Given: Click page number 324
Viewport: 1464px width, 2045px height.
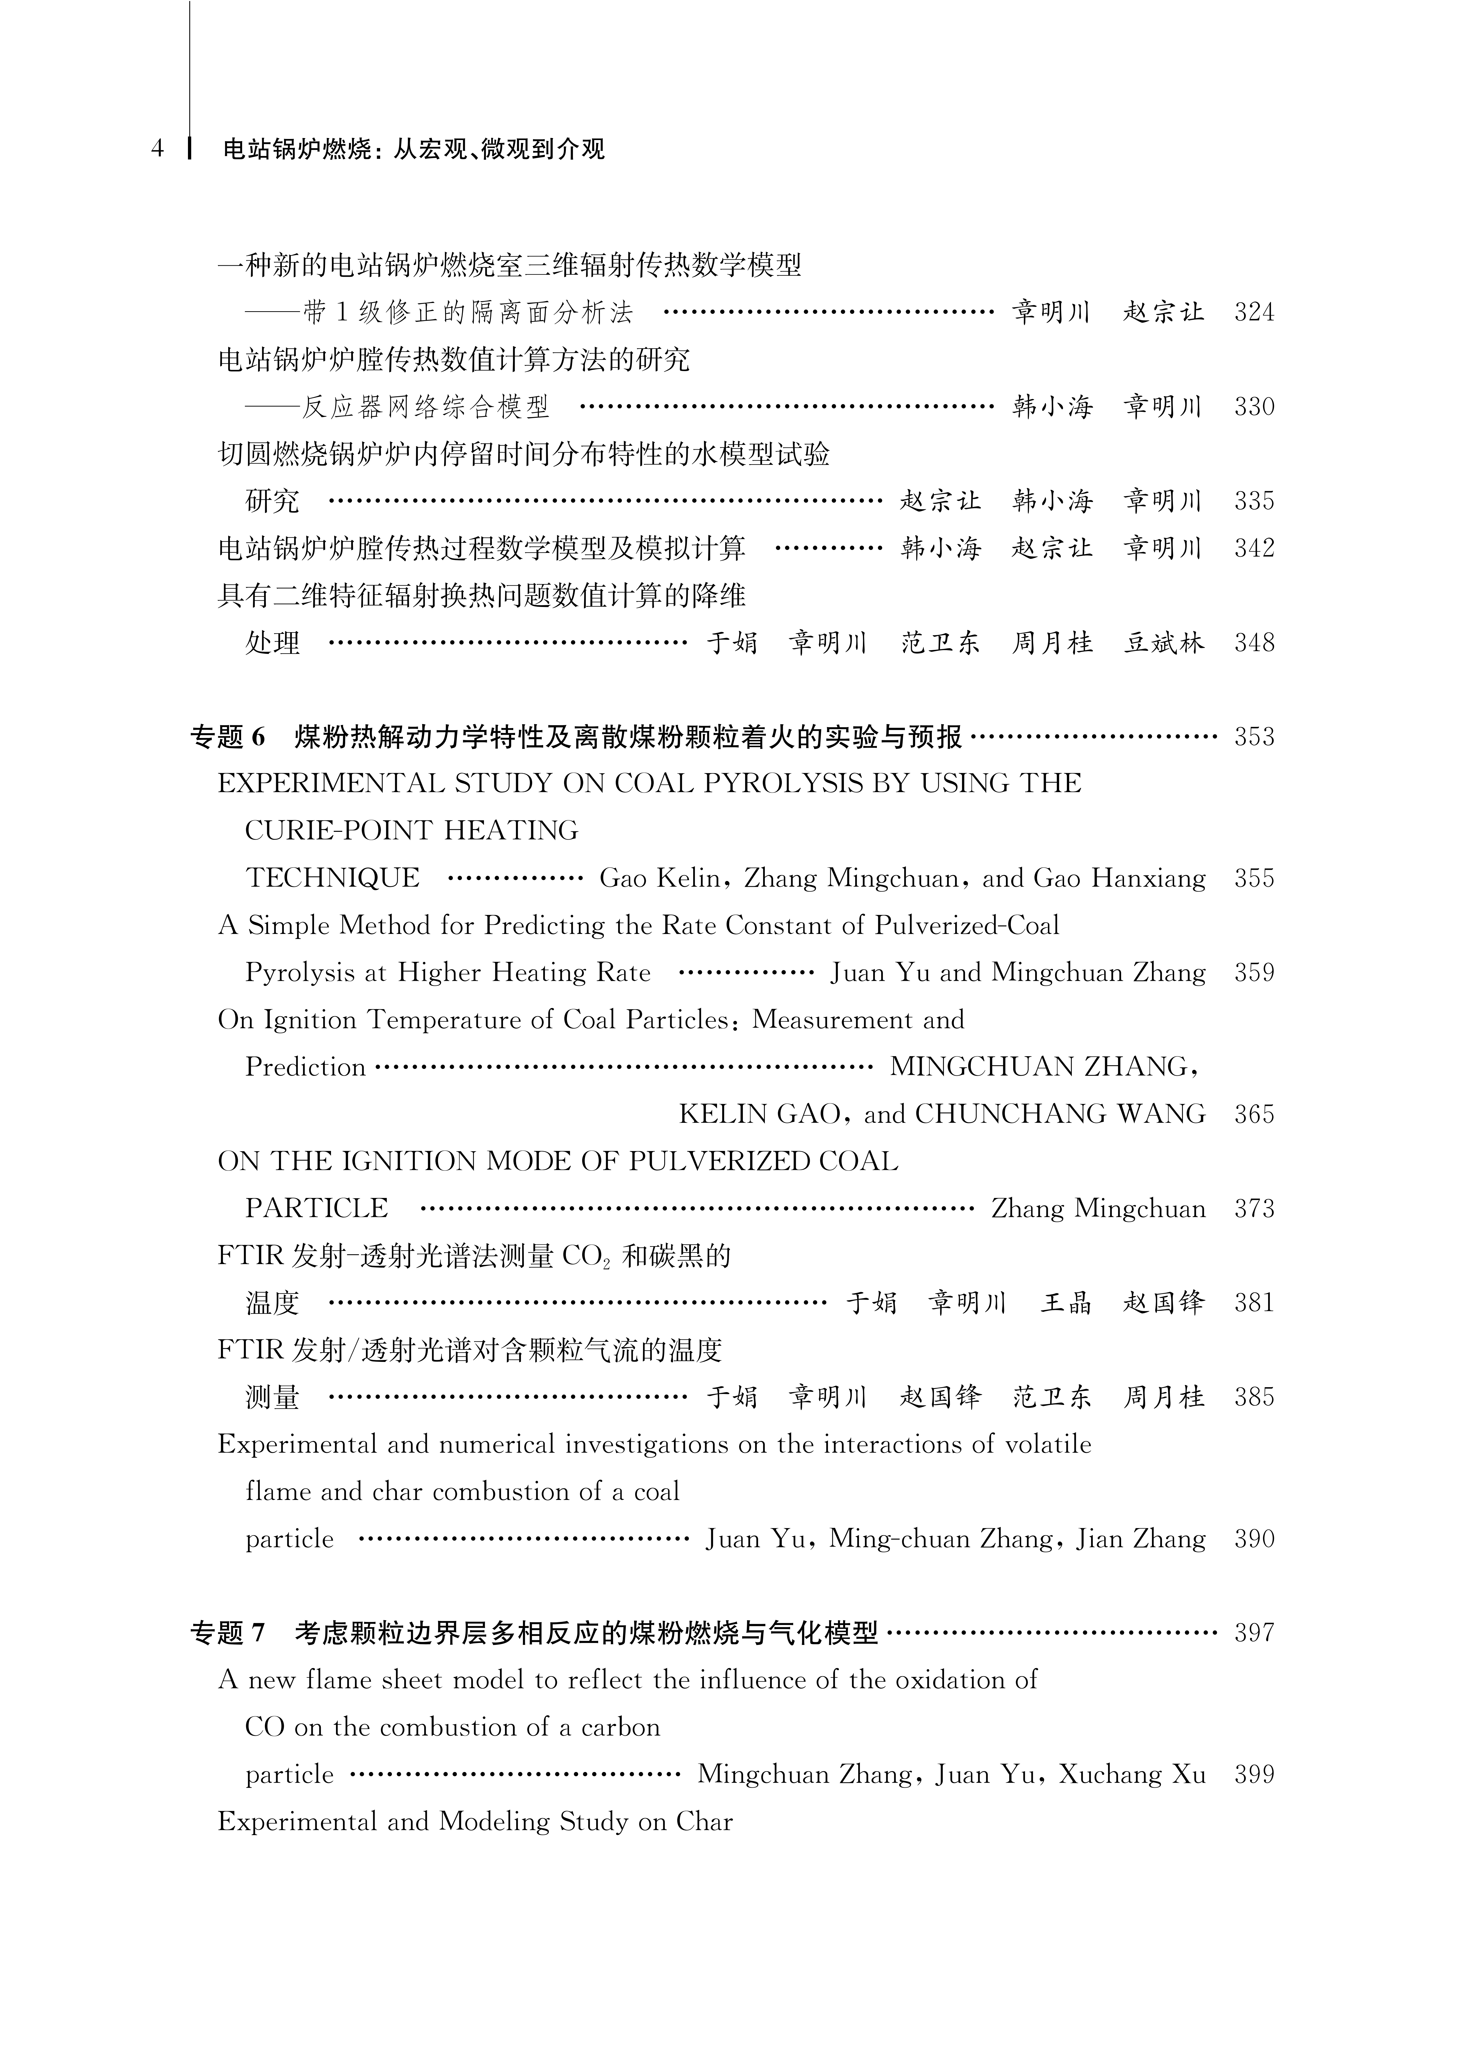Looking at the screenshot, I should (x=1254, y=313).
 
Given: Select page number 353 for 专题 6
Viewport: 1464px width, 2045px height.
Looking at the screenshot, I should (x=1254, y=737).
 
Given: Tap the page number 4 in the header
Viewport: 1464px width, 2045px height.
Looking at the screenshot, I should (x=158, y=149).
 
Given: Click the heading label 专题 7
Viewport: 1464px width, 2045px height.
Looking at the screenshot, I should (x=228, y=1632).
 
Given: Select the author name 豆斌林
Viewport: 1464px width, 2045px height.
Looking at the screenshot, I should (x=1164, y=643).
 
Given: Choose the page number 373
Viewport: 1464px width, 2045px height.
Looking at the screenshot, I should (x=1254, y=1209).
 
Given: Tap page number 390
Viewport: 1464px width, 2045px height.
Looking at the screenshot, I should (x=1254, y=1538).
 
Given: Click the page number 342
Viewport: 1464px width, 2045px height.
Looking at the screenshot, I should (x=1254, y=548).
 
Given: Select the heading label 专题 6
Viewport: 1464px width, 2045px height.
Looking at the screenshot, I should (x=228, y=737).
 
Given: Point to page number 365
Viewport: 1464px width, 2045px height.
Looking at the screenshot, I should (x=1254, y=1114).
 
